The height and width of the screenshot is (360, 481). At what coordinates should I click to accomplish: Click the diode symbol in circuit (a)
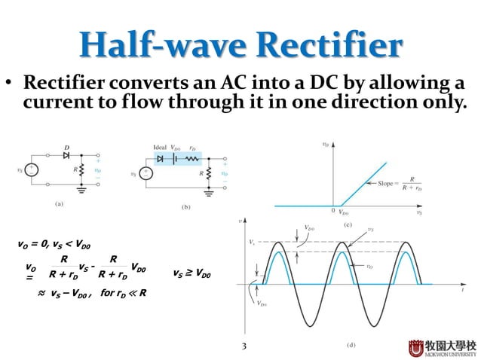pos(66,154)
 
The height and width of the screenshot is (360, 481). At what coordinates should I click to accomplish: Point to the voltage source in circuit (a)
pos(31,171)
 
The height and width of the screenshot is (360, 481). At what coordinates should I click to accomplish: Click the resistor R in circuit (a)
pos(84,171)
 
